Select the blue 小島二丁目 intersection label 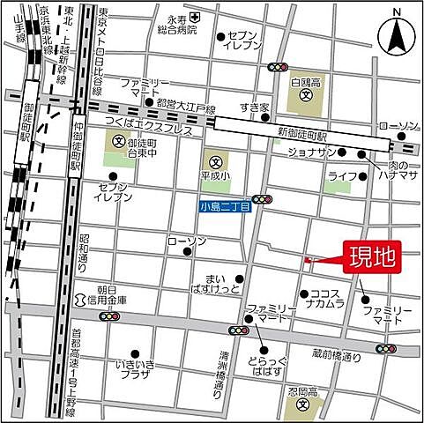coord(224,207)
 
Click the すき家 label coord(253,108)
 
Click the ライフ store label coord(341,176)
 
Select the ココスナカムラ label coord(331,301)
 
